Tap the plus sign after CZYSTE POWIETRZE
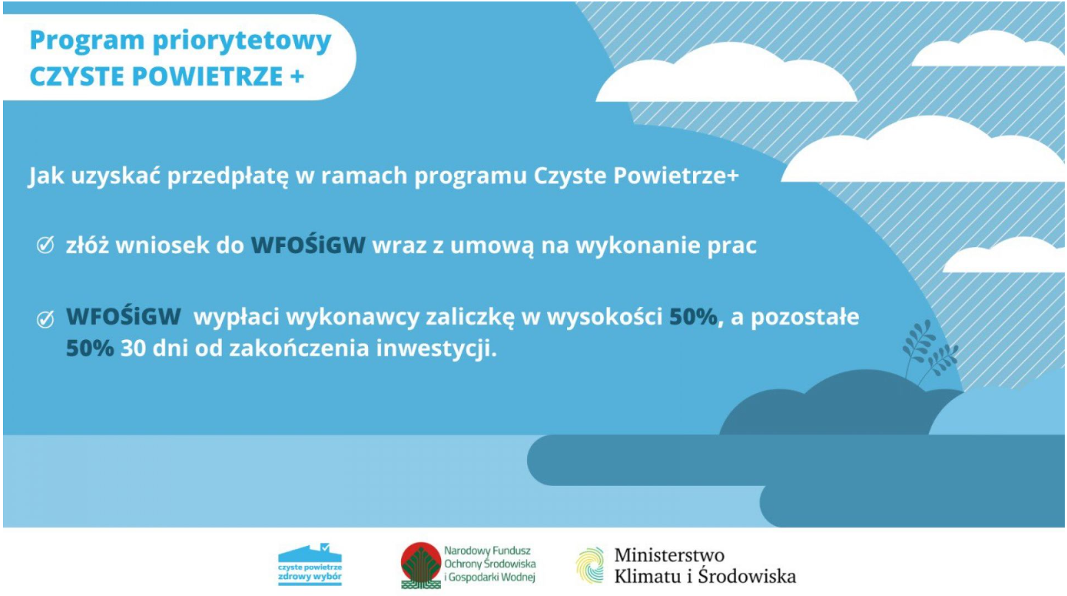pos(296,76)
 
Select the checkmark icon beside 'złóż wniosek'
pos(45,246)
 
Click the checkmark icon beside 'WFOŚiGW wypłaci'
pos(45,319)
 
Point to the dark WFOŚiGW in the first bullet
pos(308,246)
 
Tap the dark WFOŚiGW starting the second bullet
pos(123,317)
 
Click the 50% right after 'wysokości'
pos(693,317)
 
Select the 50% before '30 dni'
pos(90,348)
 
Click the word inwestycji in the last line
pos(437,349)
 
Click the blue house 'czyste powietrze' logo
pos(310,564)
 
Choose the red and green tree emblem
pos(420,566)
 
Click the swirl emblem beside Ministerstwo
pos(590,566)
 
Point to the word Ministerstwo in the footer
pos(670,555)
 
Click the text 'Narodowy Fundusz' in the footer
pos(487,551)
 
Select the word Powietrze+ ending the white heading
pos(676,176)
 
